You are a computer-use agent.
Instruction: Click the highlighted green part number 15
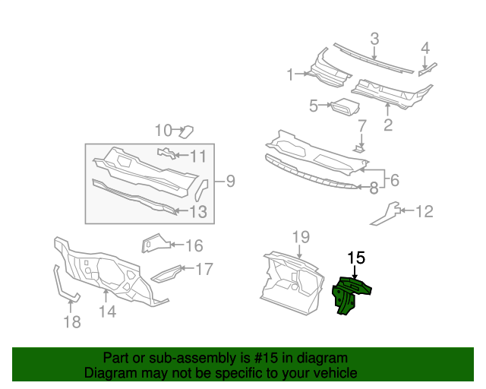pos(352,296)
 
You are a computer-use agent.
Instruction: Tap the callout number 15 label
pos(356,258)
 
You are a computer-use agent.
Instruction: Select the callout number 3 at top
pos(374,39)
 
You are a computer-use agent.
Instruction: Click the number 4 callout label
pos(425,48)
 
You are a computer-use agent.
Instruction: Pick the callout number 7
pos(362,125)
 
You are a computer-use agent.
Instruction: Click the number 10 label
pos(164,130)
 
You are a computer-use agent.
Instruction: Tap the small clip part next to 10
pos(185,132)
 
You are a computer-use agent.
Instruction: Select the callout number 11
pos(197,157)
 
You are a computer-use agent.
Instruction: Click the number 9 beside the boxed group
pos(230,181)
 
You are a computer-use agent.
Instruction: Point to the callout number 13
pos(197,212)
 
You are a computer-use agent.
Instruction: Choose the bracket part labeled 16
pos(154,243)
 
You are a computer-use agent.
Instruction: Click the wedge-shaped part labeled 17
pos(167,272)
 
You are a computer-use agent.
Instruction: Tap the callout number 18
pos(71,321)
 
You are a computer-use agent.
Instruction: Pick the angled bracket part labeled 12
pos(385,213)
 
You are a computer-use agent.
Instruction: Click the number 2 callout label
pos(388,125)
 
